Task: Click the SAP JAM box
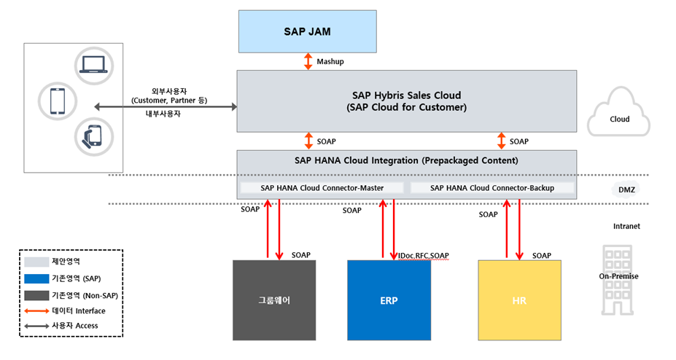[306, 31]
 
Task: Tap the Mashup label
[330, 62]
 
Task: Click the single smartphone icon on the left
[56, 102]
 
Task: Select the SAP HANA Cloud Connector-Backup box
[492, 188]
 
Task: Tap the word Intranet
[626, 227]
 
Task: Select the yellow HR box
[519, 299]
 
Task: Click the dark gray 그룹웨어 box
[274, 299]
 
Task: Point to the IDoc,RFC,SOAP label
[424, 256]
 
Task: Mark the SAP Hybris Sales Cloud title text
[406, 95]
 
